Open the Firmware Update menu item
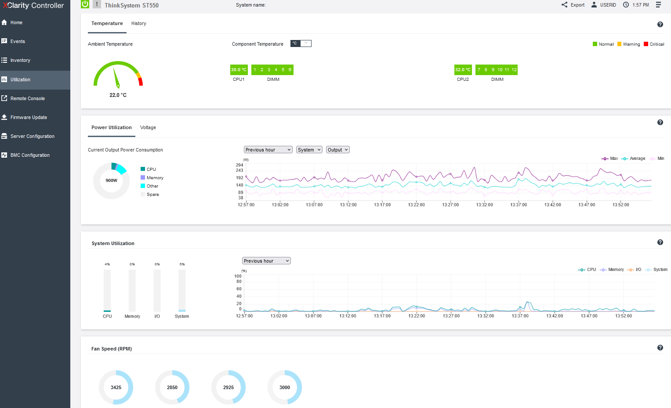coord(29,117)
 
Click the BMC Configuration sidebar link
coord(30,155)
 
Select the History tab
coord(139,23)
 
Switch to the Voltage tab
coord(148,127)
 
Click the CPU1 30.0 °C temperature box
coord(239,70)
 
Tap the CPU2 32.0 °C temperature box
coord(463,70)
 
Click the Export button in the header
coord(573,5)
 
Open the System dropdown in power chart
coord(309,150)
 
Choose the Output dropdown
coord(337,150)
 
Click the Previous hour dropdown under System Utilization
coord(266,261)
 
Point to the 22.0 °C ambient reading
coord(118,95)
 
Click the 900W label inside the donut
coord(112,181)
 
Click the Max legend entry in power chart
coord(609,159)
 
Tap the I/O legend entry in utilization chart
coord(634,269)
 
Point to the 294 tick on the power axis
coord(239,165)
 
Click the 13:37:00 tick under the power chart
coord(519,205)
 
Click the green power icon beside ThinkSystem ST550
coord(85,4)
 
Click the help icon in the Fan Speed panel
coord(660,347)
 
